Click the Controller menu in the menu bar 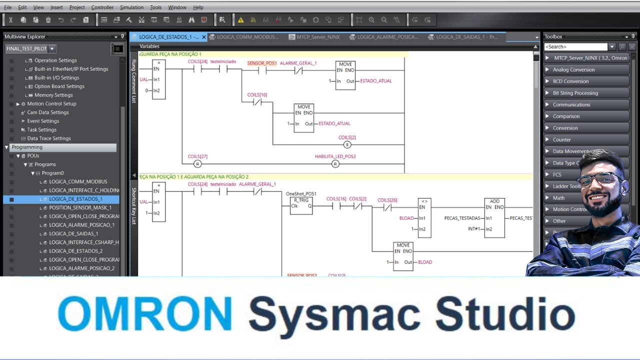tap(102, 7)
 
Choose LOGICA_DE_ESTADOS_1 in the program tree tap(75, 199)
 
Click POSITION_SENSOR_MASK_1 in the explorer tap(80, 207)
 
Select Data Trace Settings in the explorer tap(48, 138)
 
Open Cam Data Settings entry tap(47, 112)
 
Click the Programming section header tap(27, 147)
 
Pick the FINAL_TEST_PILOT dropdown tap(30, 49)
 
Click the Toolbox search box tap(575, 47)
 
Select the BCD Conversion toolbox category tap(570, 81)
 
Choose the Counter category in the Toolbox tap(561, 139)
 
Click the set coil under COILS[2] tap(347, 145)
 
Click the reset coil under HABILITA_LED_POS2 tap(335, 164)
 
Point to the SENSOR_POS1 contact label tap(262, 63)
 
